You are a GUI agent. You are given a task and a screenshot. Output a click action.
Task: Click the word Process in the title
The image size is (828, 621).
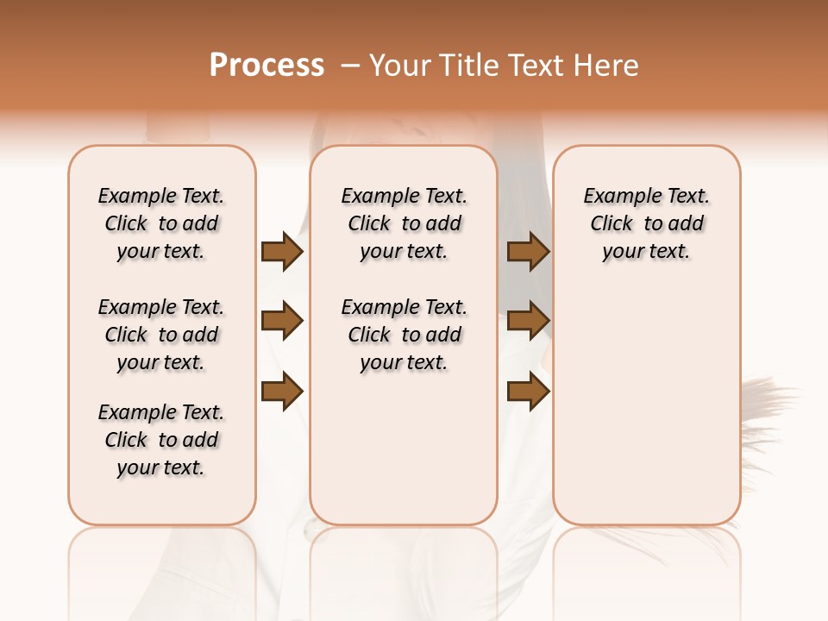pyautogui.click(x=267, y=66)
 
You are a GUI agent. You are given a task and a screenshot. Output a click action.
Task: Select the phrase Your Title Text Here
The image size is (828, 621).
pyautogui.click(x=504, y=66)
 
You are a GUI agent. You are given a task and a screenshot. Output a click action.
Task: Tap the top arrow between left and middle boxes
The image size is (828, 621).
pyautogui.click(x=282, y=252)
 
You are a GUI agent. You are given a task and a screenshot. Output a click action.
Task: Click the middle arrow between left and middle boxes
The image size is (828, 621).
pyautogui.click(x=282, y=322)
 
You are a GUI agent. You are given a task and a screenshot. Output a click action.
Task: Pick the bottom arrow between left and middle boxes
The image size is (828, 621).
pyautogui.click(x=282, y=392)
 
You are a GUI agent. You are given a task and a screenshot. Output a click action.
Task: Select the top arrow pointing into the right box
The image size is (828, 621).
pyautogui.click(x=529, y=252)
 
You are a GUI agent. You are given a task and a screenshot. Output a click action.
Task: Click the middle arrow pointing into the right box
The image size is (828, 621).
pyautogui.click(x=529, y=322)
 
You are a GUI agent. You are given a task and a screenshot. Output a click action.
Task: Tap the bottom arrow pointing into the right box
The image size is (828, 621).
pyautogui.click(x=529, y=392)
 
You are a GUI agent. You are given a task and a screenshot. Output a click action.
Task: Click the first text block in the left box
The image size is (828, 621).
pyautogui.click(x=161, y=223)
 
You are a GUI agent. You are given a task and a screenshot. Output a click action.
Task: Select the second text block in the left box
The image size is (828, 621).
pyautogui.click(x=161, y=335)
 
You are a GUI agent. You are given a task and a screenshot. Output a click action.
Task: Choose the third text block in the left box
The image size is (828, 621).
pyautogui.click(x=161, y=440)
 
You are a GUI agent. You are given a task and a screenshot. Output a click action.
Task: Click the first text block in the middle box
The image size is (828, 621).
pyautogui.click(x=404, y=223)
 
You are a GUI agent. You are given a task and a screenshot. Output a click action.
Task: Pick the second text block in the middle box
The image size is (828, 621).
pyautogui.click(x=404, y=335)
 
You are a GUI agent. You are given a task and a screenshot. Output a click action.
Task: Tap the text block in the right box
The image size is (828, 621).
pyautogui.click(x=646, y=223)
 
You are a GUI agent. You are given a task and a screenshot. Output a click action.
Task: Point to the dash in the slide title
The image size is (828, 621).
pyautogui.click(x=350, y=66)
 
